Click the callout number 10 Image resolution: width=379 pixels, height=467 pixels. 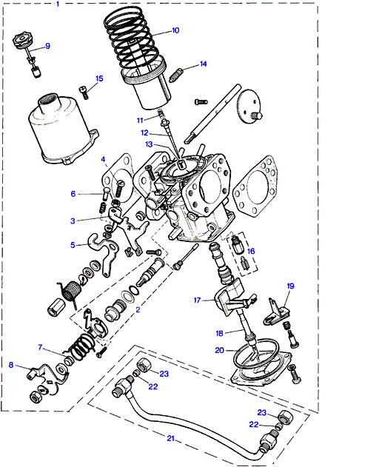[175, 30]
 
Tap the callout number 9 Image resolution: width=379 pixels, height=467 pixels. [47, 46]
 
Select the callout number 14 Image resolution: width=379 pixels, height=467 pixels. [203, 64]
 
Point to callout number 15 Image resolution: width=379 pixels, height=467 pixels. [99, 78]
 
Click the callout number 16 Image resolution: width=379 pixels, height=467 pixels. [251, 251]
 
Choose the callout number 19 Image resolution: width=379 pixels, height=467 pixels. [290, 286]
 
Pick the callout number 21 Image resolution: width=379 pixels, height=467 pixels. [171, 438]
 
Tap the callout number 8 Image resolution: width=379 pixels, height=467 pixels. [11, 365]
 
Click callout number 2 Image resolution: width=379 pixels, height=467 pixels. [138, 309]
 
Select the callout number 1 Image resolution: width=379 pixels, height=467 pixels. [58, 4]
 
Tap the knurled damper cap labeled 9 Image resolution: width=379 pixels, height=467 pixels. [23, 41]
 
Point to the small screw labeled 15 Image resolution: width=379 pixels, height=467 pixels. [84, 92]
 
